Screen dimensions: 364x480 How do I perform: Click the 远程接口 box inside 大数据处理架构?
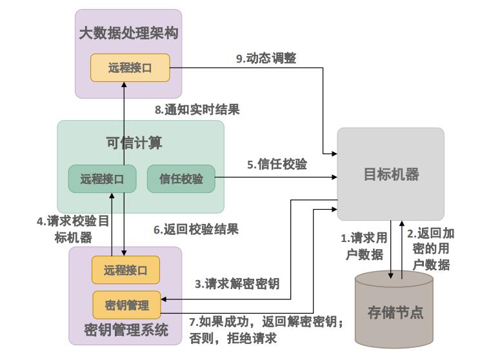[x=130, y=68]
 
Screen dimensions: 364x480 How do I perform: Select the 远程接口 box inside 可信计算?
[x=102, y=179]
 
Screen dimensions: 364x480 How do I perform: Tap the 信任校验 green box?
[x=181, y=179]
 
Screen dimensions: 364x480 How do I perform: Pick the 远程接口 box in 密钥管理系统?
[x=125, y=270]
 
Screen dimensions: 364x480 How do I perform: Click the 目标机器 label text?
[x=391, y=174]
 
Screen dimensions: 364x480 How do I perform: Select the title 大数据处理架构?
[x=128, y=34]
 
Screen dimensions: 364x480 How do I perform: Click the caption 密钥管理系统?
[x=126, y=331]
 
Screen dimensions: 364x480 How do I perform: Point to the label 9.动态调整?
[x=266, y=58]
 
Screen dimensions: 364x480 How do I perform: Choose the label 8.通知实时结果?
[x=197, y=110]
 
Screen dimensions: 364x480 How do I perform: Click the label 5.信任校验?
[x=277, y=164]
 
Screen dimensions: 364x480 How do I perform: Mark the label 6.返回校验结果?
[x=195, y=228]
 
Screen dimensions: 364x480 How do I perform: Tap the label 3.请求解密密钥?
[x=237, y=283]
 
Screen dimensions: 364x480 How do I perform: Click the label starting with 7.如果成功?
[x=266, y=329]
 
